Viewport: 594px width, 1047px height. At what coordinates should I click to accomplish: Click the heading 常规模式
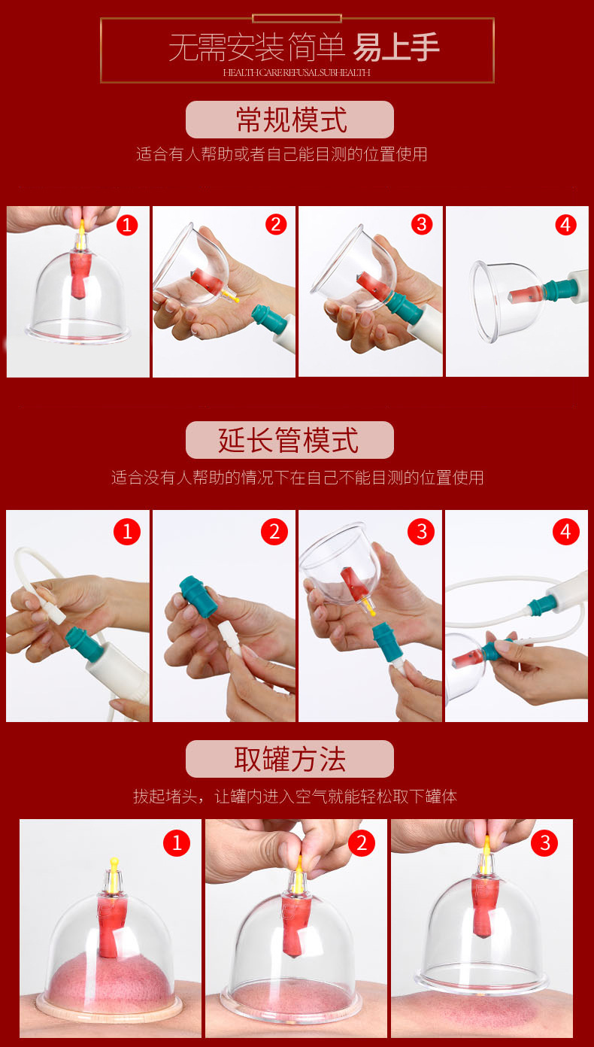(x=291, y=120)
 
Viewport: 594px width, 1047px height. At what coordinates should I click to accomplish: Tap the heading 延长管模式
(x=289, y=440)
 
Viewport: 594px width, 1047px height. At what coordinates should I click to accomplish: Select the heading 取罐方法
(x=289, y=760)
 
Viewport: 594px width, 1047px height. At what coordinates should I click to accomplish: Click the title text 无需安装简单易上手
(x=304, y=47)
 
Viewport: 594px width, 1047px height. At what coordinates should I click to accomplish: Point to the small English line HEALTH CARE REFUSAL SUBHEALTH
(x=297, y=72)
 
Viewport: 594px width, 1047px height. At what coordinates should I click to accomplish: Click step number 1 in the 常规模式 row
(x=126, y=226)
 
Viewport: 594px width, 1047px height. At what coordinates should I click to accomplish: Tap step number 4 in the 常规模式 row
(x=565, y=225)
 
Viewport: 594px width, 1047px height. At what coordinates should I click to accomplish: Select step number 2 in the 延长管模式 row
(x=274, y=532)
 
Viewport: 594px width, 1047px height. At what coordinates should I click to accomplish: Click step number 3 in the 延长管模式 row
(x=421, y=532)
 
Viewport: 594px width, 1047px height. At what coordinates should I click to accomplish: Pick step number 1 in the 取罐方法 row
(x=177, y=842)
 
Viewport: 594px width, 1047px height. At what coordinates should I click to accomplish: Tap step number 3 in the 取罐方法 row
(x=544, y=842)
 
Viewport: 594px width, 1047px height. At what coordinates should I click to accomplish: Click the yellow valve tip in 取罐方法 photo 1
(x=114, y=863)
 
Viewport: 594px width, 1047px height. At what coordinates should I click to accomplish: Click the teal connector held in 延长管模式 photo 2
(x=199, y=596)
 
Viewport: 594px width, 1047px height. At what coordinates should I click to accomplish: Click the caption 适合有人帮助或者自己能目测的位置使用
(x=282, y=153)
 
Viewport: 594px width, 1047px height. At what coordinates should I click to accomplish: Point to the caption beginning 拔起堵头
(x=295, y=796)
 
